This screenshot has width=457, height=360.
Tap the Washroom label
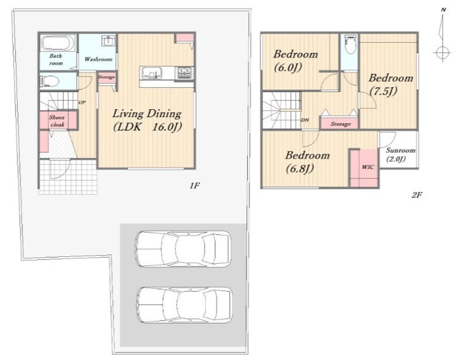coord(98,59)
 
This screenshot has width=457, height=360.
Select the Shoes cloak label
coord(57,121)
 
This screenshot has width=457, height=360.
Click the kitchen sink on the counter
coord(151,73)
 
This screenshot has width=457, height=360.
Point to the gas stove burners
coord(184,73)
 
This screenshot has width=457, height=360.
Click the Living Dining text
coord(147,114)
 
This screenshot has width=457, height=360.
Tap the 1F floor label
coord(195,185)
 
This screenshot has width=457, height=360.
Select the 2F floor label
coord(417,195)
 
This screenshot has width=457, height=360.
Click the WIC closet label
coord(368,167)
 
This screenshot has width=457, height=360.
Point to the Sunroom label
coord(400,151)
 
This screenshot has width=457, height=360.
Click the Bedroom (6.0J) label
coord(295,61)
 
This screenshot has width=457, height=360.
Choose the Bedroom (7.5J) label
coord(390,85)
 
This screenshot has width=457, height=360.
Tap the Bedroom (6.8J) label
coord(307,162)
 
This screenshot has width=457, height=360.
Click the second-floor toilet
coord(350,44)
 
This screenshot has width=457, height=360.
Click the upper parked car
coord(183,249)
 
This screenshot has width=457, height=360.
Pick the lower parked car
coord(185,305)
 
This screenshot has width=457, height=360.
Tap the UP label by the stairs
coord(82,103)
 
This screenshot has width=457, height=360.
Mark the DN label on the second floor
coord(305,120)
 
